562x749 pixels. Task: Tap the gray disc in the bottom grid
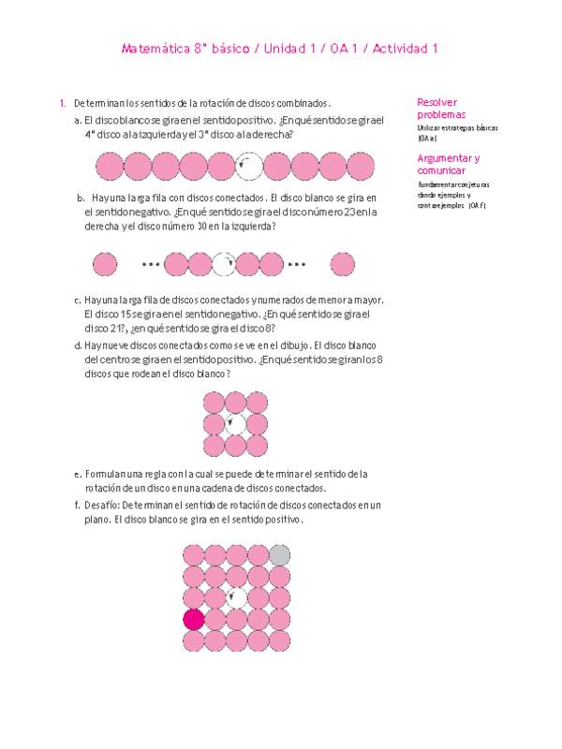coord(279,554)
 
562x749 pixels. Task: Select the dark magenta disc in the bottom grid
coord(194,619)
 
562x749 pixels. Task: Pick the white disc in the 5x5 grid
coord(236,597)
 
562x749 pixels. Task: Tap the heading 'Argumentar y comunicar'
coord(447,165)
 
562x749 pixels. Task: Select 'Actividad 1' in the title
coord(406,49)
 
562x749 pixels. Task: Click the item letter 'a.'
coord(76,121)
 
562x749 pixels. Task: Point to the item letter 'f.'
coord(76,507)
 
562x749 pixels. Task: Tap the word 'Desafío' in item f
coord(100,507)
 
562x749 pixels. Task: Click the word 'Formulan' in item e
coord(102,475)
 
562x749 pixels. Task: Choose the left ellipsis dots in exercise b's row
coord(151,264)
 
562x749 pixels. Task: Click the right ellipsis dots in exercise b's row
coord(297,264)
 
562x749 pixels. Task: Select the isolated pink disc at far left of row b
coord(106,264)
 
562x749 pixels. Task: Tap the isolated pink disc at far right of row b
coord(344,264)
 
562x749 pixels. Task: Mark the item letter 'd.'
coord(76,345)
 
